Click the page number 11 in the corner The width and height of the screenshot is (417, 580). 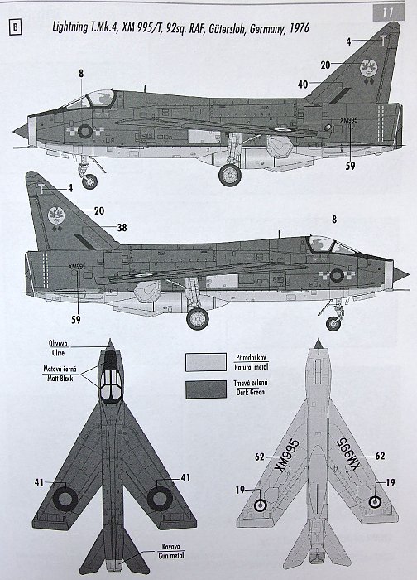[388, 13]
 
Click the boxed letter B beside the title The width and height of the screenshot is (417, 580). [15, 27]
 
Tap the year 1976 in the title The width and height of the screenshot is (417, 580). [300, 28]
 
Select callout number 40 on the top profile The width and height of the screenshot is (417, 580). [303, 85]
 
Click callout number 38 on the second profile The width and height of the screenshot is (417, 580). [122, 228]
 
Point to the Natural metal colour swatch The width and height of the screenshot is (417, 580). [206, 362]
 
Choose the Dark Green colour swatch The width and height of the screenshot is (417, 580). [206, 389]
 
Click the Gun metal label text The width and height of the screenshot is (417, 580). [171, 556]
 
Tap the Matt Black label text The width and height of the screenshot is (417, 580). [60, 379]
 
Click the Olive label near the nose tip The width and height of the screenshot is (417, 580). [59, 353]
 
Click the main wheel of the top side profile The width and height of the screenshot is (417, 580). [230, 175]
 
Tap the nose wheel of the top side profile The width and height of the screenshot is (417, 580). [89, 181]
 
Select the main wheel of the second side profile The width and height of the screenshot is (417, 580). [198, 318]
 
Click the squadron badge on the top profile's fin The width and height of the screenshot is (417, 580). [369, 68]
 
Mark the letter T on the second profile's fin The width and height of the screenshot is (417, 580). [41, 189]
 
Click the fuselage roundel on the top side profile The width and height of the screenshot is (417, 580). [85, 131]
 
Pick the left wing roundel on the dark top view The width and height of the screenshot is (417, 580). [65, 500]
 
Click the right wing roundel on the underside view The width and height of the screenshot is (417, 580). [376, 501]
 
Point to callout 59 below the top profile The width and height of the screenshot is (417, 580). [350, 166]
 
